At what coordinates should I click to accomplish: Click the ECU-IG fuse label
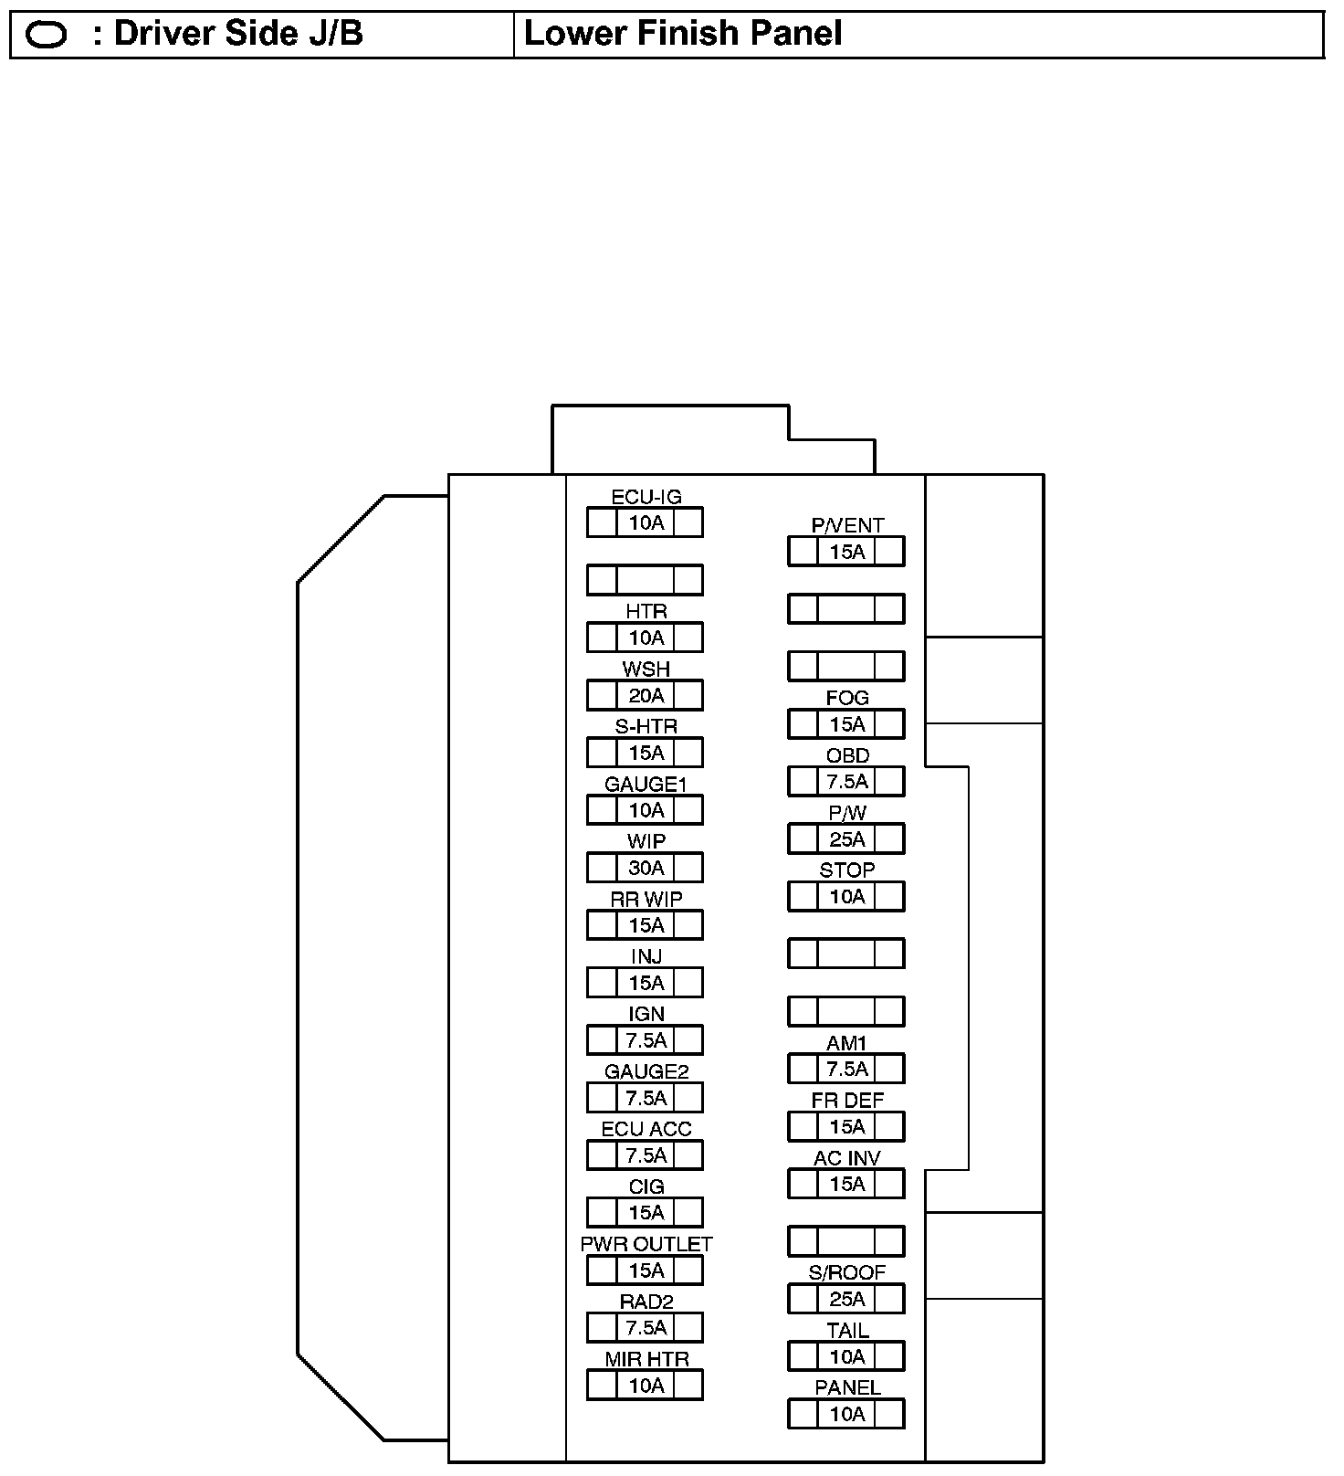point(646,497)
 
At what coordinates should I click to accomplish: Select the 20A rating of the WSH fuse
point(646,696)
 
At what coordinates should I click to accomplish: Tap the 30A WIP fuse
point(646,868)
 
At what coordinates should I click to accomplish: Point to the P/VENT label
point(847,525)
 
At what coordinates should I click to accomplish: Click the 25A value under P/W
point(846,839)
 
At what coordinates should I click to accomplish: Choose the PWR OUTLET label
point(646,1244)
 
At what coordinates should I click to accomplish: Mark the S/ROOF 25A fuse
point(846,1299)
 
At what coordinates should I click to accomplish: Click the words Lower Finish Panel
point(683,34)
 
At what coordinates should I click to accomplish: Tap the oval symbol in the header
point(47,35)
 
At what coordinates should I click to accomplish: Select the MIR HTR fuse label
point(646,1359)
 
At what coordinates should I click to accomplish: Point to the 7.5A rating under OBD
point(846,782)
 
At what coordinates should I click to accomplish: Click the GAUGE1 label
point(646,784)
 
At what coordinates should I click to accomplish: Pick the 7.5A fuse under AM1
point(846,1069)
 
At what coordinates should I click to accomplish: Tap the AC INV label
point(847,1158)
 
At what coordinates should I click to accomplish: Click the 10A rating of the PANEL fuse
point(846,1414)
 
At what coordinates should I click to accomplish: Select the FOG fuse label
point(847,698)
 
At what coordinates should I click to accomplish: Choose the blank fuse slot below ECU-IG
point(646,580)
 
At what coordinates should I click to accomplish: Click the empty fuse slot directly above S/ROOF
point(846,1241)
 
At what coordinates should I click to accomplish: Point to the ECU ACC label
point(646,1129)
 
